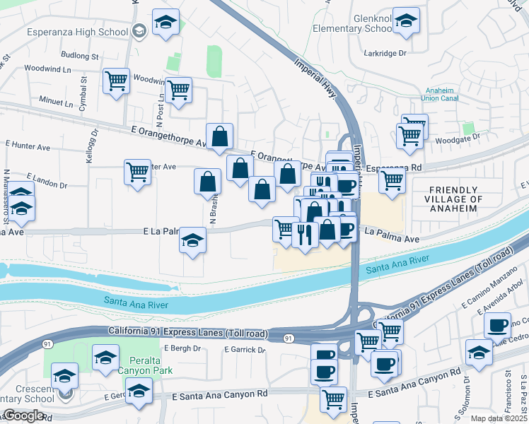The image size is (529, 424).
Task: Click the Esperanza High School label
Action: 77,32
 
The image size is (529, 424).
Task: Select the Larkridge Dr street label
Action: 385,53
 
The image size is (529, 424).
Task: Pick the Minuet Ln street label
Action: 56,103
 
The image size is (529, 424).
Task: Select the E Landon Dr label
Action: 47,180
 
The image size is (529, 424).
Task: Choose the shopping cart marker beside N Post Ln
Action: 178,90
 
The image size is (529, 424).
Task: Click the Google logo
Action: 23,416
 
